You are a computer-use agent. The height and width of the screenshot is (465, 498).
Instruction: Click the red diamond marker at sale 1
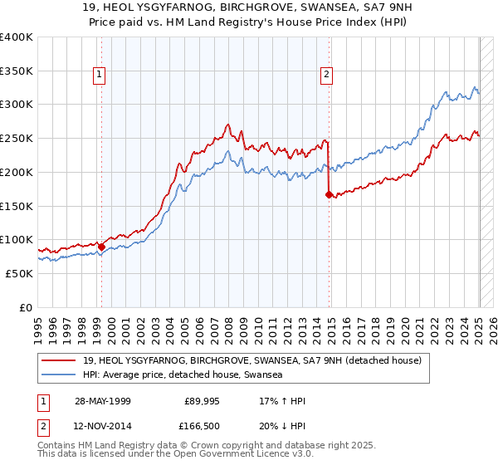101,246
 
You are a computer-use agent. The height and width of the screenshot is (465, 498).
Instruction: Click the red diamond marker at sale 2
329,194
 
